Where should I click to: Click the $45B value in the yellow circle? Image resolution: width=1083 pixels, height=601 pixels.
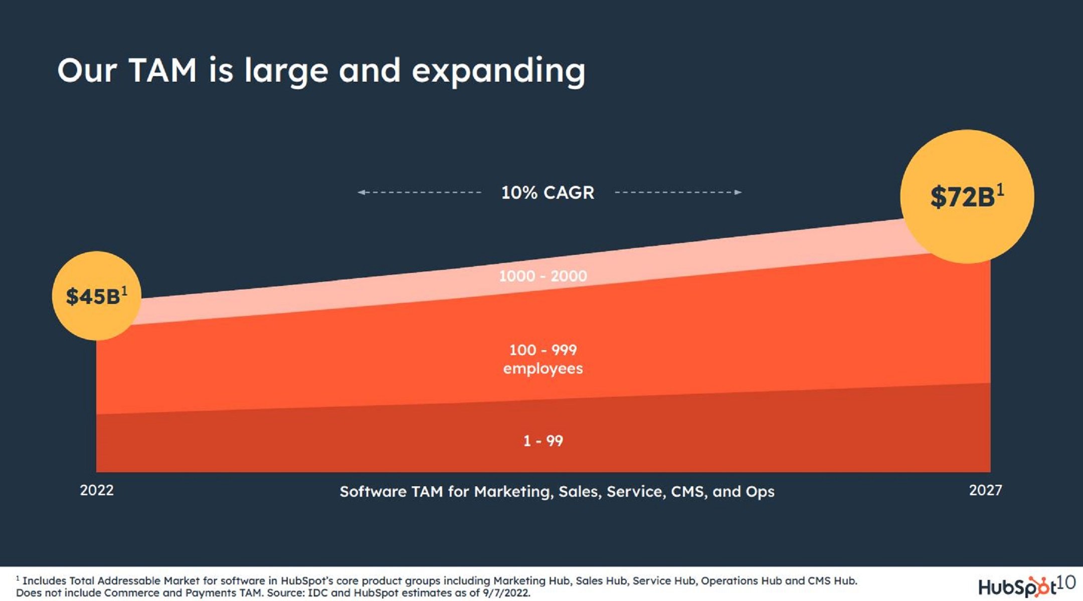pos(93,296)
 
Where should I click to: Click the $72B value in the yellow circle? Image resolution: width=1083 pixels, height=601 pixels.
pos(962,197)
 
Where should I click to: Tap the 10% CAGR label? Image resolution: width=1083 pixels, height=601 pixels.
pos(548,192)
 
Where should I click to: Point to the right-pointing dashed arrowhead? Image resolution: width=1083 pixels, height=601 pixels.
pos(738,192)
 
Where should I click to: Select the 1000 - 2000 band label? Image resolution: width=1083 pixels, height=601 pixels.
pos(543,276)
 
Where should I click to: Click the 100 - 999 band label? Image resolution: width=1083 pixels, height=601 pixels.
pos(543,350)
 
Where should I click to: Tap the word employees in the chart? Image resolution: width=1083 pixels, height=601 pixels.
pos(543,369)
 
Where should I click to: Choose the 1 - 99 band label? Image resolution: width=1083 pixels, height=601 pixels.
pos(543,441)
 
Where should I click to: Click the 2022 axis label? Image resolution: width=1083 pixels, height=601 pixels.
pos(97,490)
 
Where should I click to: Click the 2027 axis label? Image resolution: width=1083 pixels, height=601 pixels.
pos(985,490)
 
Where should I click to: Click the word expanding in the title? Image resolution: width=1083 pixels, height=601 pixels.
pos(498,71)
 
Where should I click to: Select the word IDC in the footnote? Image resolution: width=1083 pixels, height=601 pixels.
pos(317,593)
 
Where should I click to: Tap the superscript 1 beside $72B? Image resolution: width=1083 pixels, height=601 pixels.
pos(1000,189)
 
